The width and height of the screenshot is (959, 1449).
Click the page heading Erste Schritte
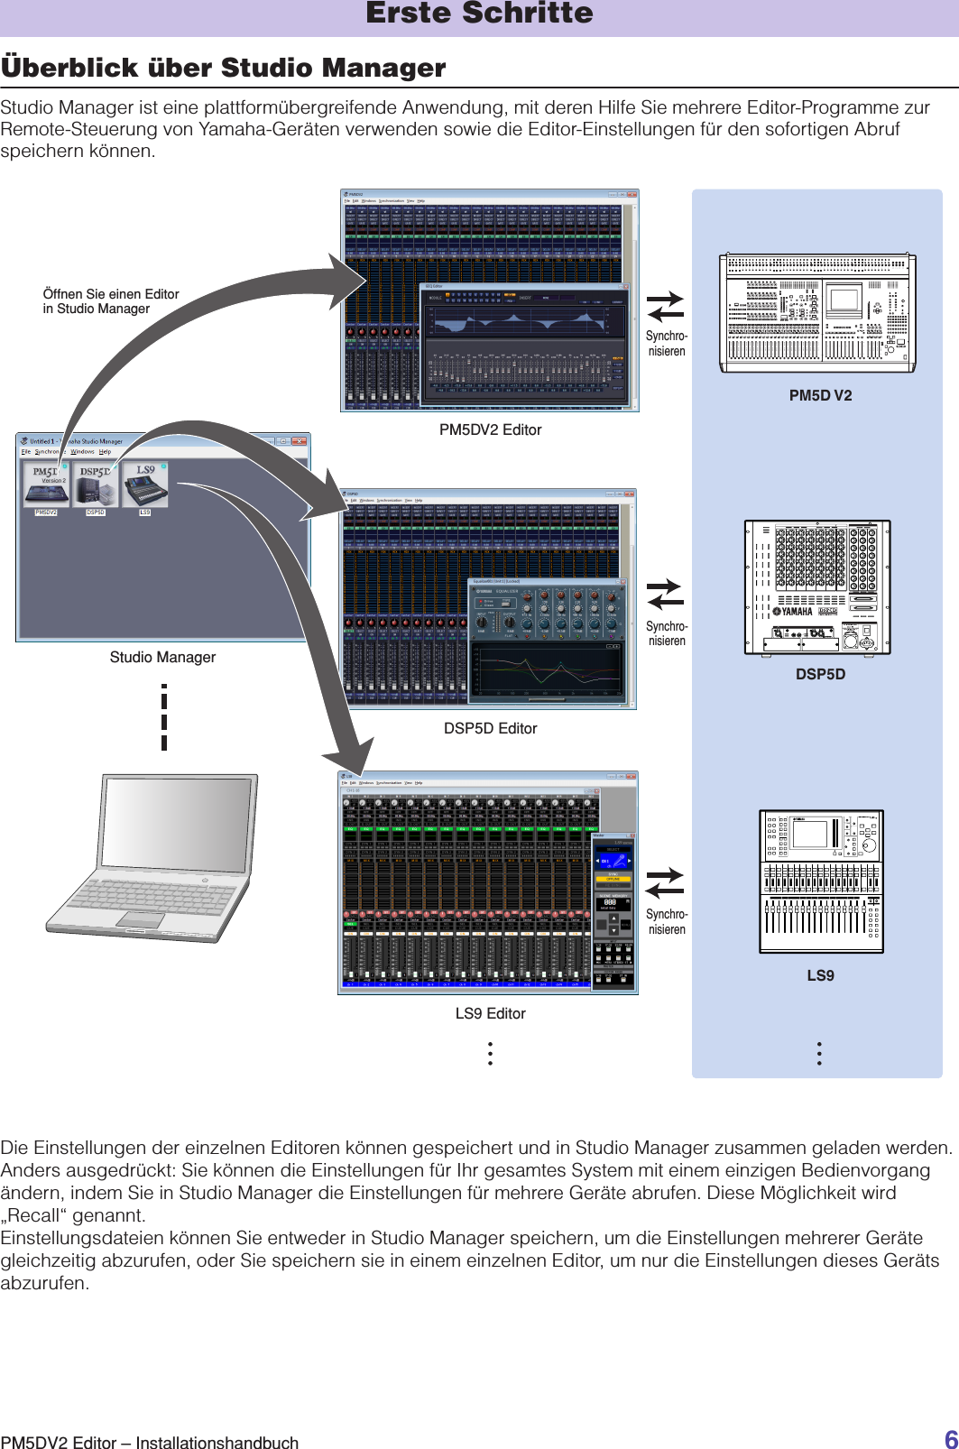pyautogui.click(x=479, y=14)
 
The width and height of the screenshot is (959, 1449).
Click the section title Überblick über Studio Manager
pyautogui.click(x=224, y=68)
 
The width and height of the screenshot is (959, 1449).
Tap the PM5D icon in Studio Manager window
pyautogui.click(x=46, y=485)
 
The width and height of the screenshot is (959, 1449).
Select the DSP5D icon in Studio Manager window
pyautogui.click(x=96, y=485)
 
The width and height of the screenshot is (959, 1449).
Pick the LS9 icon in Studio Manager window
pyautogui.click(x=145, y=485)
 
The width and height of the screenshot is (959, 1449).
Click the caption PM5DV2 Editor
pyautogui.click(x=490, y=430)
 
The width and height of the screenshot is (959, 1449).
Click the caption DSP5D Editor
pyautogui.click(x=490, y=729)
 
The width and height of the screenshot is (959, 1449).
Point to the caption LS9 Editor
pyautogui.click(x=490, y=1014)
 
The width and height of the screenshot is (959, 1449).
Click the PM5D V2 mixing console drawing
pyautogui.click(x=817, y=313)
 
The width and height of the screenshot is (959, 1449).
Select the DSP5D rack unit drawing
pyautogui.click(x=817, y=587)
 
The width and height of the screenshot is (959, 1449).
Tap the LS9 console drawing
pyautogui.click(x=821, y=881)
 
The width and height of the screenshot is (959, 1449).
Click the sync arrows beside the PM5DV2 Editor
pyautogui.click(x=666, y=307)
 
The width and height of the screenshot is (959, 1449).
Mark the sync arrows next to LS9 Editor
pyautogui.click(x=666, y=882)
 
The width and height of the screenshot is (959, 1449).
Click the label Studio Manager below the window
pyautogui.click(x=162, y=658)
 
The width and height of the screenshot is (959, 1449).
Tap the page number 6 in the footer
pyautogui.click(x=951, y=1439)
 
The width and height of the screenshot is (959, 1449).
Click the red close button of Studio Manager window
pyautogui.click(x=300, y=441)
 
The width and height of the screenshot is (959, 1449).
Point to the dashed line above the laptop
pyautogui.click(x=164, y=718)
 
